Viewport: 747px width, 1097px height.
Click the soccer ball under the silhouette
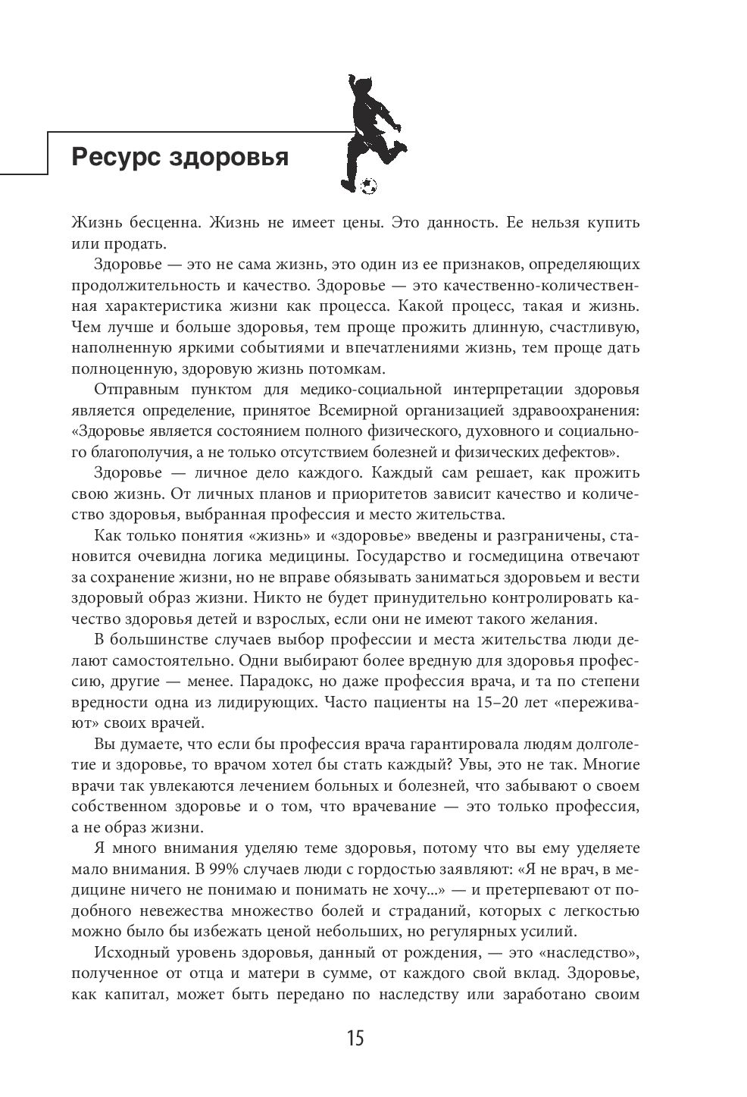pos(369,185)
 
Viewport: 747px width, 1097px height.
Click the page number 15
pos(355,1038)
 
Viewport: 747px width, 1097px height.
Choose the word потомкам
pos(348,369)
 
